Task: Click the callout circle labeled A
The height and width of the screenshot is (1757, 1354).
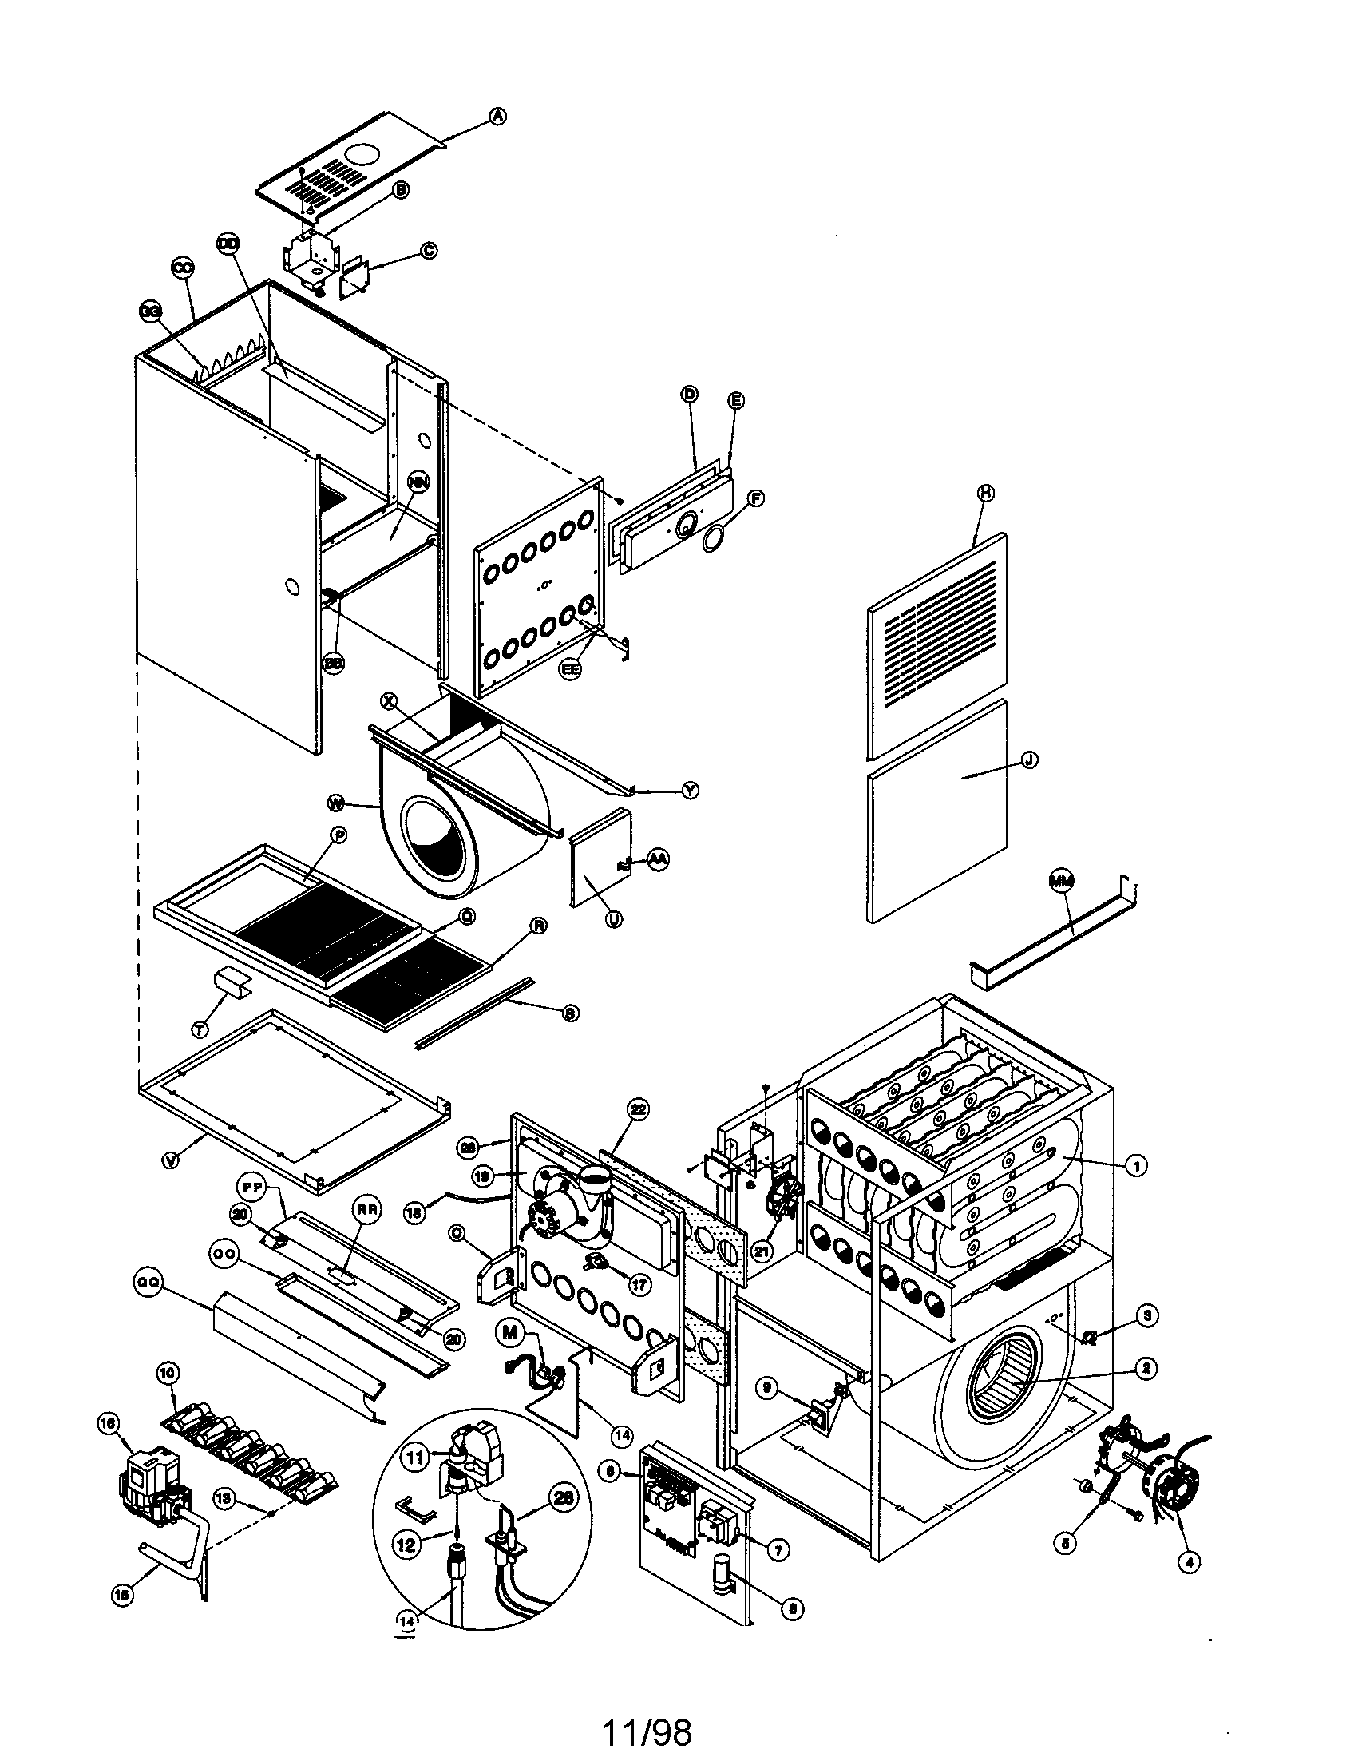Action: pyautogui.click(x=498, y=117)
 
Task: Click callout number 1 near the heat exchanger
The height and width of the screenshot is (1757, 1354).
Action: pyautogui.click(x=1134, y=1165)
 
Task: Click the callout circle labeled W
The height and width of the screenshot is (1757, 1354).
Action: pyautogui.click(x=336, y=803)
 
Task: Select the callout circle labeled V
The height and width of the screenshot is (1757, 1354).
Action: pyautogui.click(x=170, y=1161)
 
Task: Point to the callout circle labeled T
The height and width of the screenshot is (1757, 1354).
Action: pyautogui.click(x=200, y=1028)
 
